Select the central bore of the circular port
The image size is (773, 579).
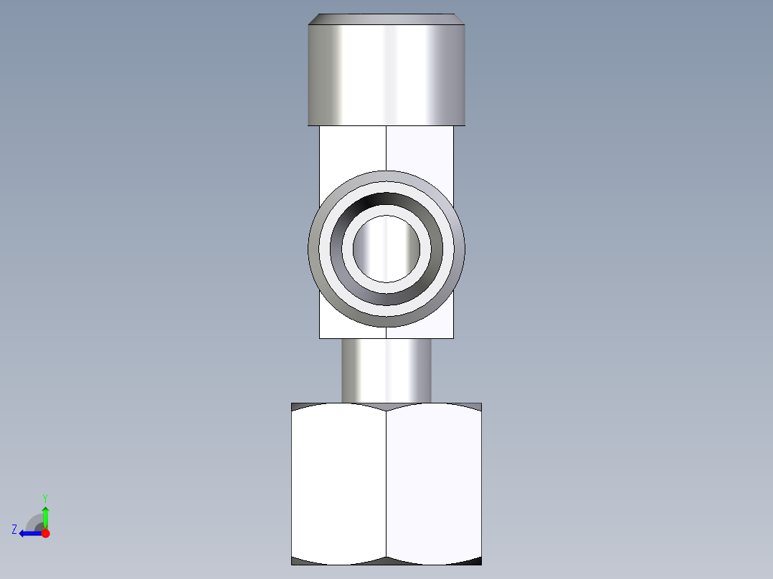[x=386, y=249]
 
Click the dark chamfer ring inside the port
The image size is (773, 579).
[x=386, y=201]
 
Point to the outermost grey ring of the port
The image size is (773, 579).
[x=386, y=176]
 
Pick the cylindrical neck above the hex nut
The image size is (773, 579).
[x=386, y=370]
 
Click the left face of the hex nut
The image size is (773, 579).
[x=338, y=484]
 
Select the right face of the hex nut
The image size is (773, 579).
[x=434, y=484]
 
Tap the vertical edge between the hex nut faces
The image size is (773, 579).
[x=386, y=484]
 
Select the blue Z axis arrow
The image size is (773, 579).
[x=29, y=533]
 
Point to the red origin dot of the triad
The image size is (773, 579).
[x=45, y=533]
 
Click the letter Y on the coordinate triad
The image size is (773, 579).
[x=44, y=498]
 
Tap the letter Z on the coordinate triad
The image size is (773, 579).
[x=14, y=530]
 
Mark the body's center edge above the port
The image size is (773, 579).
[x=386, y=148]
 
